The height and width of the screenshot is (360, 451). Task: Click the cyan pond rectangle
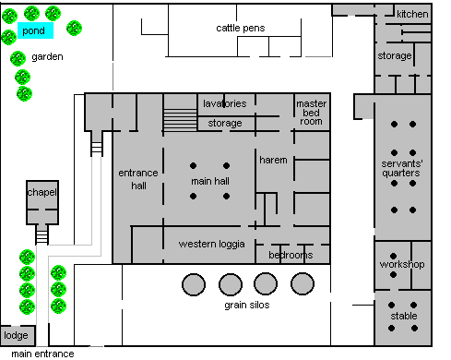tap(35, 30)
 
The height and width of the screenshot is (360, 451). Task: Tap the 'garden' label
tap(47, 57)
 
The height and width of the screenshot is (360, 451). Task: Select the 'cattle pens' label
tap(241, 28)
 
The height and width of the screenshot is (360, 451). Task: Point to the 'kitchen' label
tap(412, 14)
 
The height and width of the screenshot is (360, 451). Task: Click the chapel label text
tap(42, 192)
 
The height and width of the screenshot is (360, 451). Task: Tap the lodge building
tap(18, 335)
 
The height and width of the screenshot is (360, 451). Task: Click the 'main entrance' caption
tap(42, 354)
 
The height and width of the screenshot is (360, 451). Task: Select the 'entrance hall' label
tap(138, 179)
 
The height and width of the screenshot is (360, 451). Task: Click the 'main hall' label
tap(210, 181)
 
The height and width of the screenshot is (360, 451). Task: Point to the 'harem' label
tap(273, 160)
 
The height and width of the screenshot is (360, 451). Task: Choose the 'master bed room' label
tap(311, 113)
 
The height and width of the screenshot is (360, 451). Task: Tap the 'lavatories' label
tap(225, 103)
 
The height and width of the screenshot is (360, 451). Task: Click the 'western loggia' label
tap(212, 244)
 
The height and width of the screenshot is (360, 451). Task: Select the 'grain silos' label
tap(247, 305)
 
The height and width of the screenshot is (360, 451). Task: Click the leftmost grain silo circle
tap(194, 284)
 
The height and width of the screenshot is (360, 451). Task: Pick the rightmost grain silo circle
tap(303, 283)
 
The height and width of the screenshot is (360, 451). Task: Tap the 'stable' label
tap(404, 316)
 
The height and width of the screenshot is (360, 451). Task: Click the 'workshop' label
tap(402, 264)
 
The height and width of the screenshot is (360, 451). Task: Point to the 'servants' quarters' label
tap(402, 168)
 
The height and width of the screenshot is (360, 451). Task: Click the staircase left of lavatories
tap(180, 119)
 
